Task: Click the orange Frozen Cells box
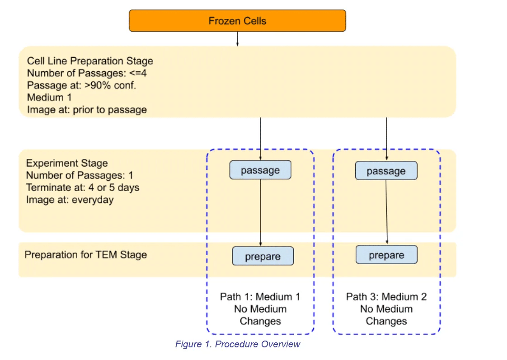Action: (x=237, y=21)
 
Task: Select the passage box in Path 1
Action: (x=260, y=170)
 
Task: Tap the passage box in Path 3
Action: (x=386, y=171)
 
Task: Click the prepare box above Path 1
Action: (x=263, y=256)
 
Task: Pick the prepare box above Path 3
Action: (x=386, y=255)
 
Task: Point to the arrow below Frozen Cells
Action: (x=237, y=39)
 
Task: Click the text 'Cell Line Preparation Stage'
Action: (x=90, y=61)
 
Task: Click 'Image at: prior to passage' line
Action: (x=87, y=110)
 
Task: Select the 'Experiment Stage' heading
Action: (x=67, y=163)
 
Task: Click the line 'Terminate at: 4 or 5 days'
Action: (x=83, y=187)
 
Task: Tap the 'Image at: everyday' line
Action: (x=70, y=199)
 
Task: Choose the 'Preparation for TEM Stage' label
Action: (x=85, y=255)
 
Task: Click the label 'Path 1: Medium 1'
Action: (x=260, y=297)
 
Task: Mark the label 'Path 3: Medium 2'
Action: (x=386, y=297)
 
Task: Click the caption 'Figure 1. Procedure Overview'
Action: (x=238, y=344)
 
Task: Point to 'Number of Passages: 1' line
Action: (x=80, y=175)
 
